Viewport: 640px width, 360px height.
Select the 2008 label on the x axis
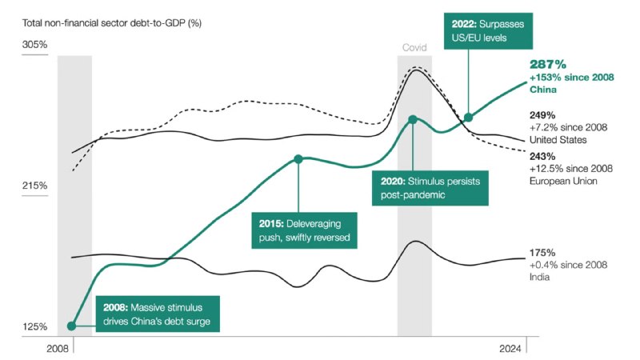point(58,349)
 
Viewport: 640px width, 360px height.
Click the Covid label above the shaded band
point(414,47)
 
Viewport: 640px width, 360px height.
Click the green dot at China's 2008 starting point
point(72,326)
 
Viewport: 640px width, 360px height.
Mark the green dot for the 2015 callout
point(298,158)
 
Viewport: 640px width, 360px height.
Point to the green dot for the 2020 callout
point(412,119)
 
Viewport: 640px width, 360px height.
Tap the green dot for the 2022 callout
point(469,118)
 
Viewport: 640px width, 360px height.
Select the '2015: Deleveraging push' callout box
point(303,230)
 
